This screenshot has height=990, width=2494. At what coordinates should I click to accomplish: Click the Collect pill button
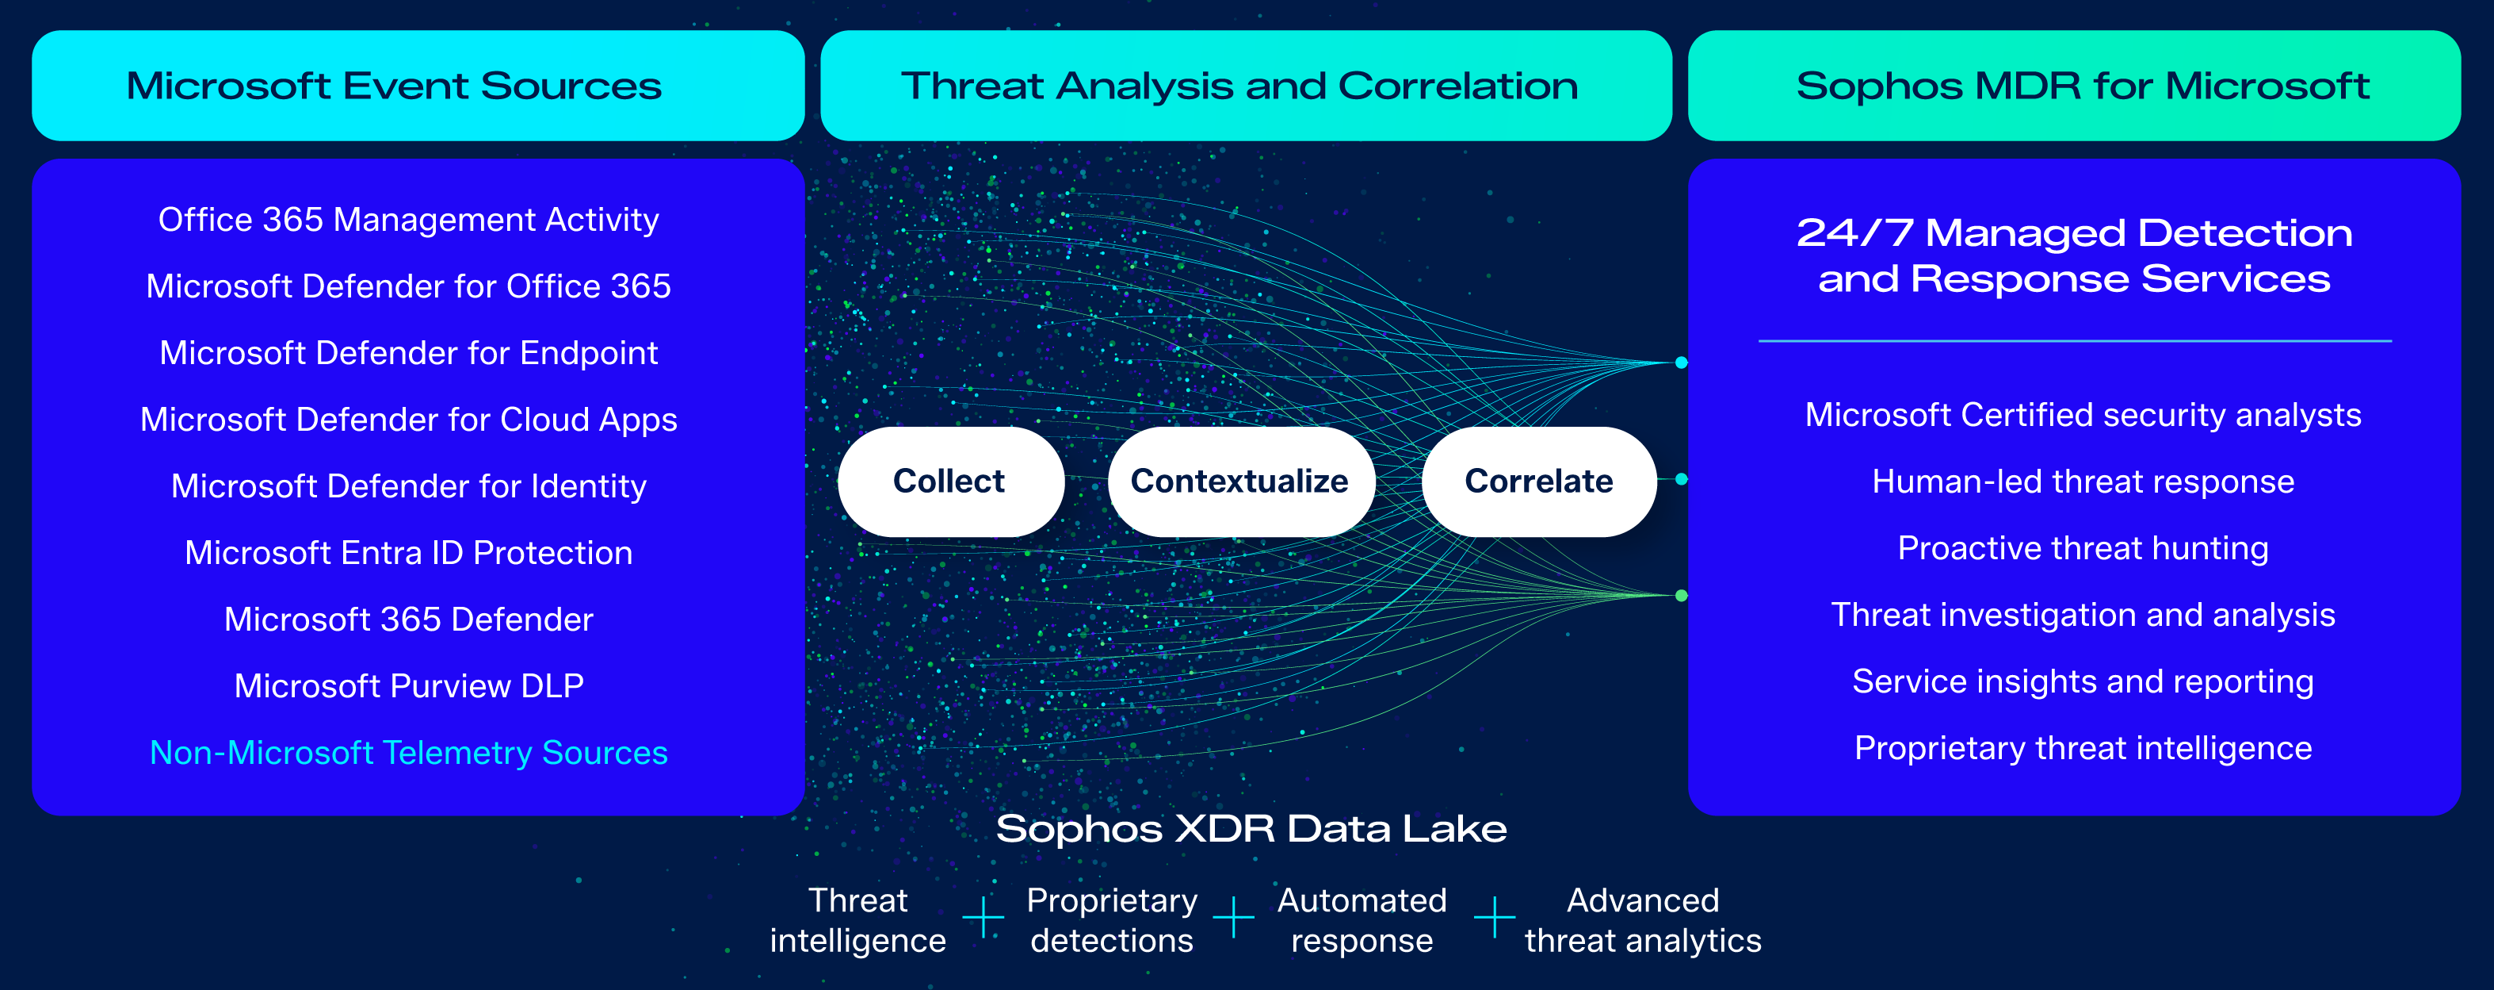click(949, 482)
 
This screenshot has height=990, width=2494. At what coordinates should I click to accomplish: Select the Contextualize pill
click(1239, 482)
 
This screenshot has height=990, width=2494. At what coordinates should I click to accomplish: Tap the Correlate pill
click(1537, 482)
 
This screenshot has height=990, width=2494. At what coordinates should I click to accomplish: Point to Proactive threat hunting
click(2083, 548)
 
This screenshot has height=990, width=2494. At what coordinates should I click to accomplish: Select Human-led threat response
click(2083, 482)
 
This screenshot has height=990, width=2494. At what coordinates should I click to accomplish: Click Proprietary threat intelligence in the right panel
click(2083, 748)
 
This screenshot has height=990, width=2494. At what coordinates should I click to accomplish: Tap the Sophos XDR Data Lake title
click(1251, 829)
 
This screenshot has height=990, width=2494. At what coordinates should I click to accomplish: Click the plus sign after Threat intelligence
click(983, 916)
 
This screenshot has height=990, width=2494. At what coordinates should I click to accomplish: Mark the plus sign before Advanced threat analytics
click(1495, 916)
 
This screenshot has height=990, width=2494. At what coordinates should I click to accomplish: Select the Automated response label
click(1362, 920)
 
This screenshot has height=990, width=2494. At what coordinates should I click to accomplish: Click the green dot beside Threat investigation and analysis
click(1682, 596)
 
